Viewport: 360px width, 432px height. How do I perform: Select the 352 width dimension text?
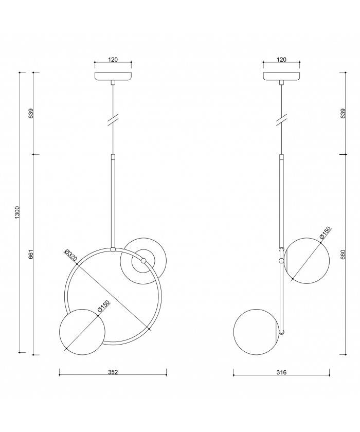(x=113, y=372)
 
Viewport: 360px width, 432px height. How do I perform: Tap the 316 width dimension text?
(x=281, y=372)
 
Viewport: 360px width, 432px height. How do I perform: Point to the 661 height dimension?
(x=31, y=254)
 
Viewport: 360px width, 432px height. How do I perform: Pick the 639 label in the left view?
(x=31, y=114)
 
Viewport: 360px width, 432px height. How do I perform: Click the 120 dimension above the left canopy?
(x=113, y=60)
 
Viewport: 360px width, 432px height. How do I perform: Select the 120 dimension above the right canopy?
(x=281, y=60)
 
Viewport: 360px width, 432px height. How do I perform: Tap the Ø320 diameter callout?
(x=70, y=256)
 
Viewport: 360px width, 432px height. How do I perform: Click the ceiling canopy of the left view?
(x=113, y=76)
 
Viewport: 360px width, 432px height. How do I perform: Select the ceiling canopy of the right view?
(x=281, y=76)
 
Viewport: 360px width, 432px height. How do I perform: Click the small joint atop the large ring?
(x=113, y=249)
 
